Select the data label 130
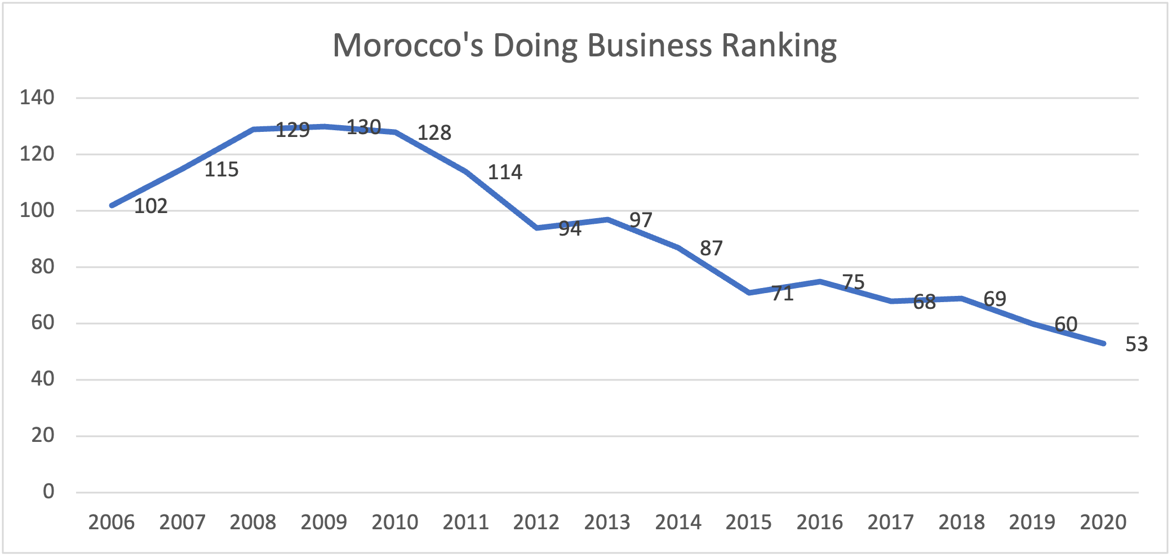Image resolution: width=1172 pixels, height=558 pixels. point(363,127)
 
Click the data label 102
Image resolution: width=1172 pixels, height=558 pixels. point(150,206)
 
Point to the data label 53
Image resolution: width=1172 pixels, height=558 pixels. point(1136,344)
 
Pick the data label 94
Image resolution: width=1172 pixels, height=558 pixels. point(570,228)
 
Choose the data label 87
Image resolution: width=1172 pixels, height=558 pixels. point(711,249)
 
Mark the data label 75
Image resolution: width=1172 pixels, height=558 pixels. point(853,282)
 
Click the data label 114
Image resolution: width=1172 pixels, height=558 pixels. point(505,172)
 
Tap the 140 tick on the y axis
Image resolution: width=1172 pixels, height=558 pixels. point(37,98)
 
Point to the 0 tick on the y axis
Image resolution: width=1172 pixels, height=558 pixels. point(48,491)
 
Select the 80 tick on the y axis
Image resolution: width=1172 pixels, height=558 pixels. point(43,267)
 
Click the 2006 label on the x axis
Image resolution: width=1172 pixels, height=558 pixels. point(112,522)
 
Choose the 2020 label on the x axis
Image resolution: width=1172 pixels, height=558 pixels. point(1103,522)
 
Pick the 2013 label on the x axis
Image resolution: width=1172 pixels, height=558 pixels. point(607,522)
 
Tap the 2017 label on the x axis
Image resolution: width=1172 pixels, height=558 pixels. point(890,522)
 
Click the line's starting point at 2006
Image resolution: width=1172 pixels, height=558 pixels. point(112,206)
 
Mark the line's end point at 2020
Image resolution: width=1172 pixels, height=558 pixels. point(1103,343)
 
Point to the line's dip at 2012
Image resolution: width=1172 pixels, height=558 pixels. point(536,228)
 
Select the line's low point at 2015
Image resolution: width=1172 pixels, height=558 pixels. point(749,293)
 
